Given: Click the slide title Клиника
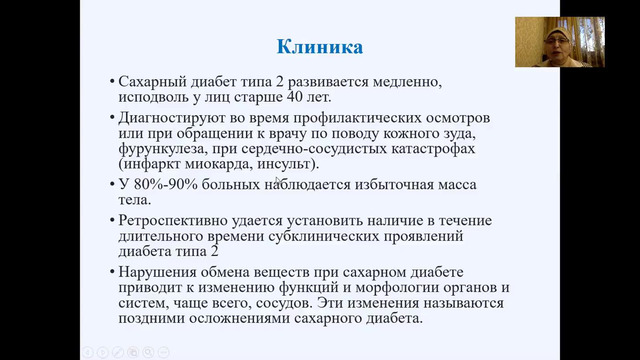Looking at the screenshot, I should [319, 46].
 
